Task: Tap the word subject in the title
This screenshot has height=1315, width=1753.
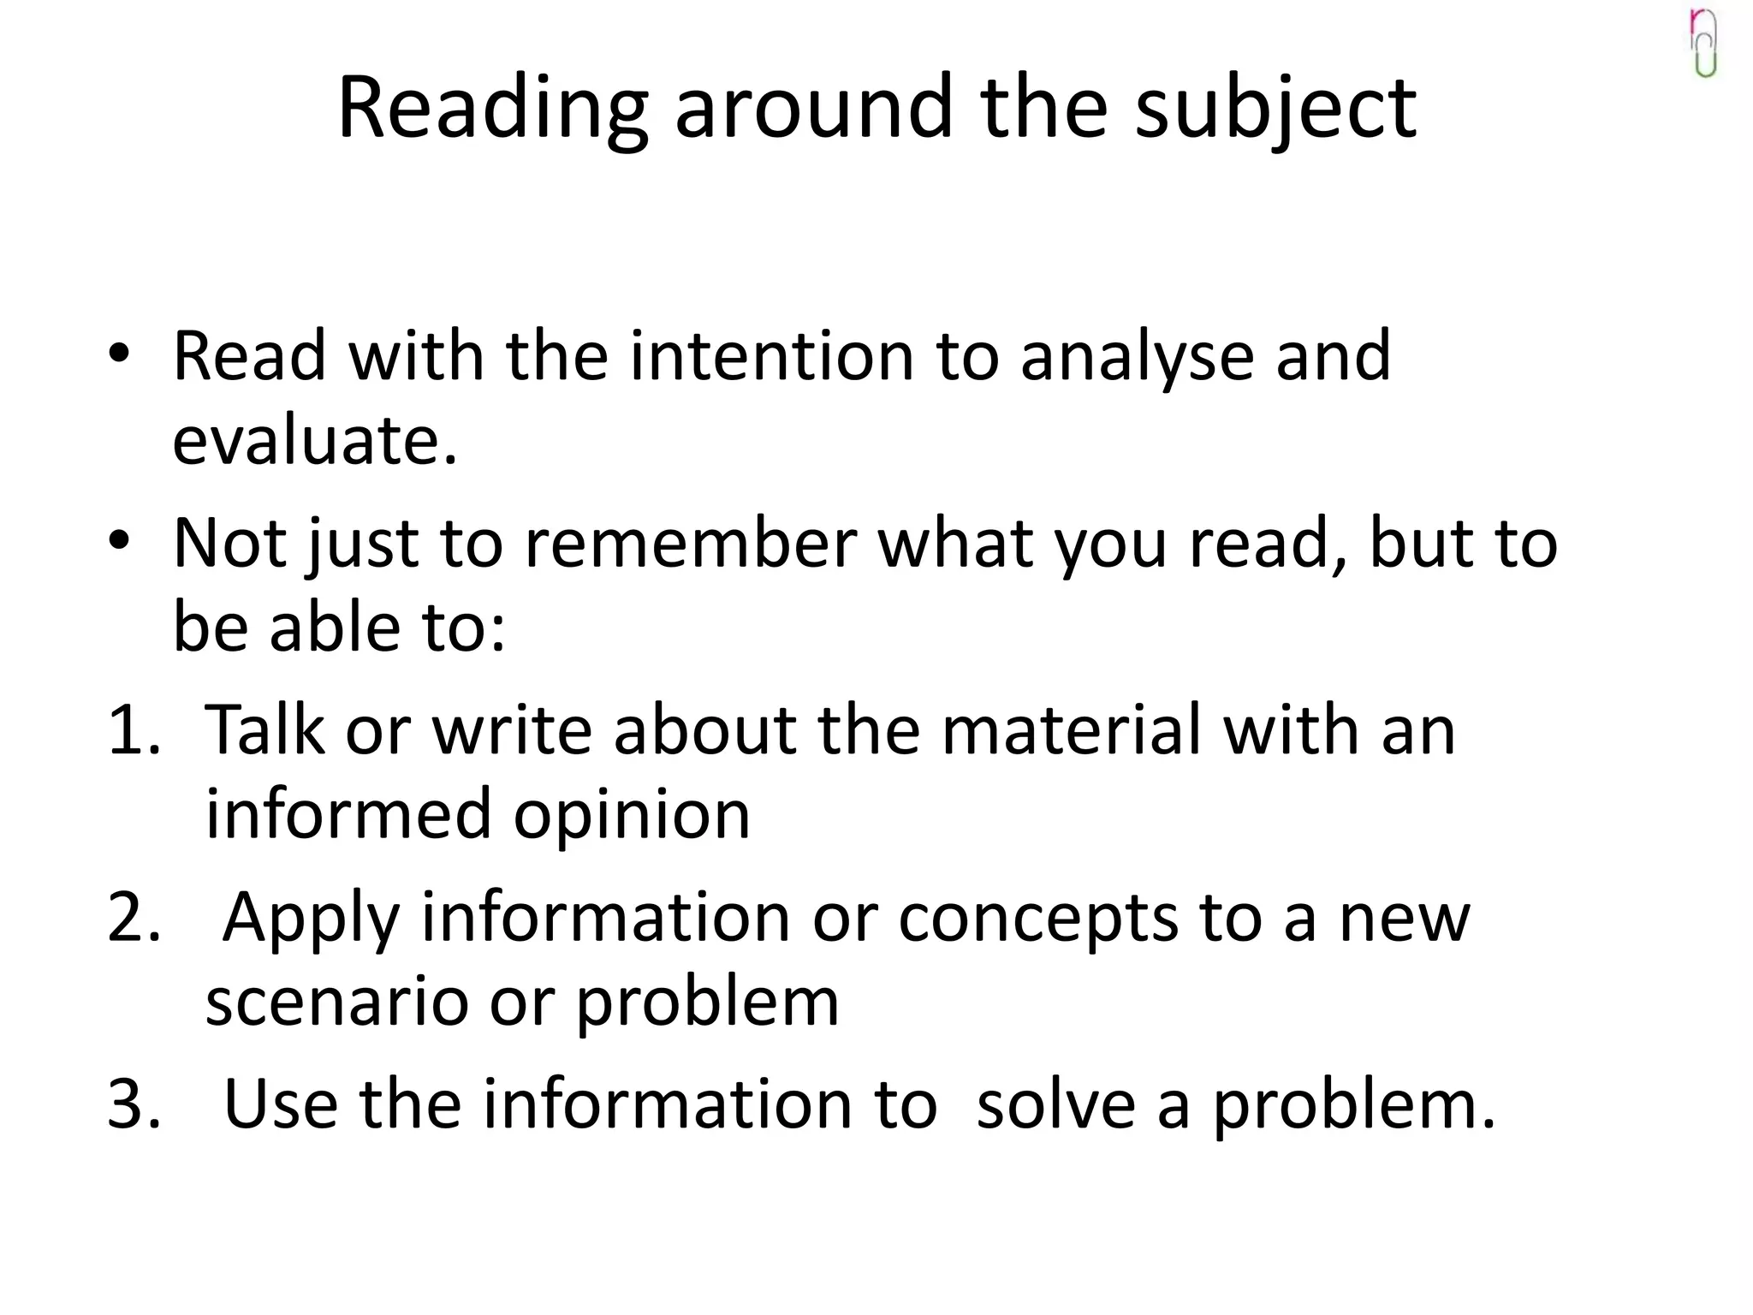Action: pyautogui.click(x=1275, y=110)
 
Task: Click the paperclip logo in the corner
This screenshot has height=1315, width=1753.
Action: pyautogui.click(x=1704, y=43)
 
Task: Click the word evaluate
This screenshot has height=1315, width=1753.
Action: pyautogui.click(x=314, y=440)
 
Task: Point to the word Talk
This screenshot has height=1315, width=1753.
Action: pyautogui.click(x=265, y=730)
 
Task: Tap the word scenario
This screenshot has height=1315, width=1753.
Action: pyautogui.click(x=336, y=1002)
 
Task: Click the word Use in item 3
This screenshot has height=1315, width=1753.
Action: pyautogui.click(x=280, y=1104)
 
